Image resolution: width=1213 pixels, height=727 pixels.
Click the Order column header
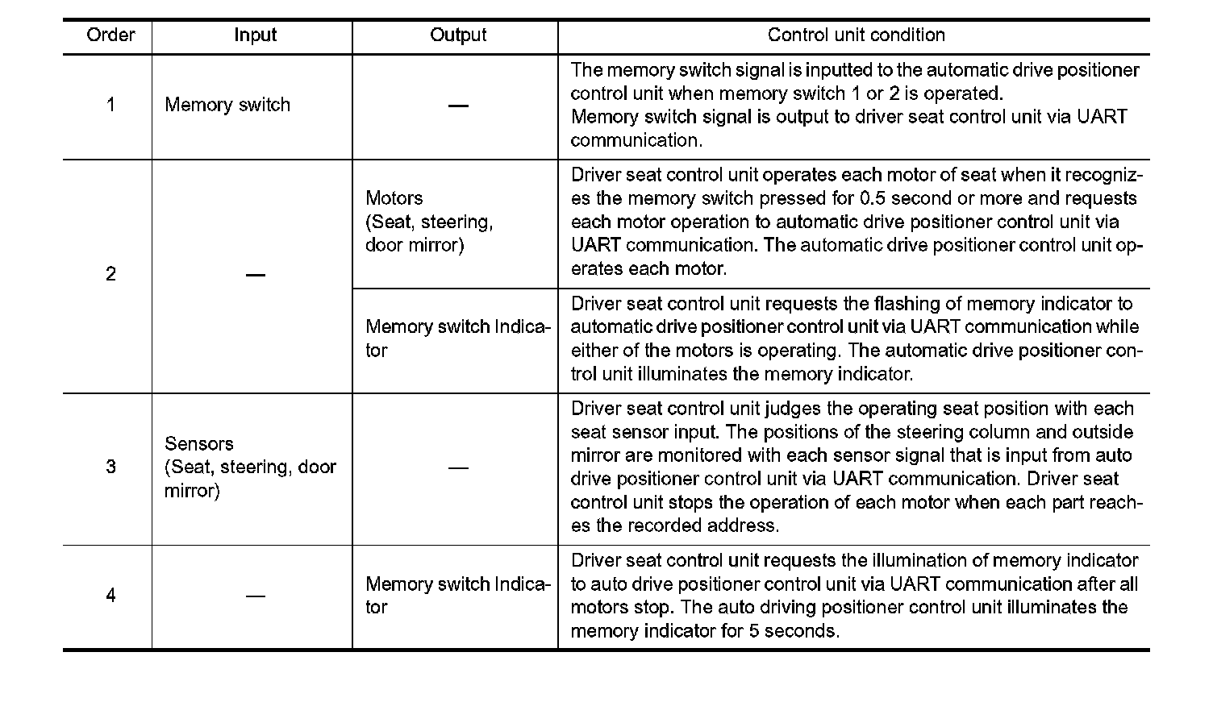[x=110, y=35]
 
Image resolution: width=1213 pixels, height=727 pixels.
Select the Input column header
[x=255, y=35]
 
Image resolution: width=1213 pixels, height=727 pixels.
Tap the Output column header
[x=458, y=35]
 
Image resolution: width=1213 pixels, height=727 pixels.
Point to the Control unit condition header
[x=856, y=35]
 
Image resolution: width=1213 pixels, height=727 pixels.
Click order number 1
[x=110, y=105]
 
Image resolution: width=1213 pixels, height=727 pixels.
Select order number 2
[x=110, y=275]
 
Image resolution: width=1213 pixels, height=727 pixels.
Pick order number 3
[x=110, y=467]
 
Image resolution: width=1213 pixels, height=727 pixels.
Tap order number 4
[x=110, y=596]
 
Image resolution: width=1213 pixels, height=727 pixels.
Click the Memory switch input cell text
[x=227, y=105]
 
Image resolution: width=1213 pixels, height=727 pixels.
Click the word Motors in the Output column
[x=394, y=198]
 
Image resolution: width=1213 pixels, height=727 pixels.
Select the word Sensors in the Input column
[x=199, y=444]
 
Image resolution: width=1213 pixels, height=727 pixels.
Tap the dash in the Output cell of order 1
[x=458, y=106]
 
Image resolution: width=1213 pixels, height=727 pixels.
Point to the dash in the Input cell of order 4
[x=255, y=596]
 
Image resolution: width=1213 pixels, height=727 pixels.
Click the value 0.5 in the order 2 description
[x=872, y=199]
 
